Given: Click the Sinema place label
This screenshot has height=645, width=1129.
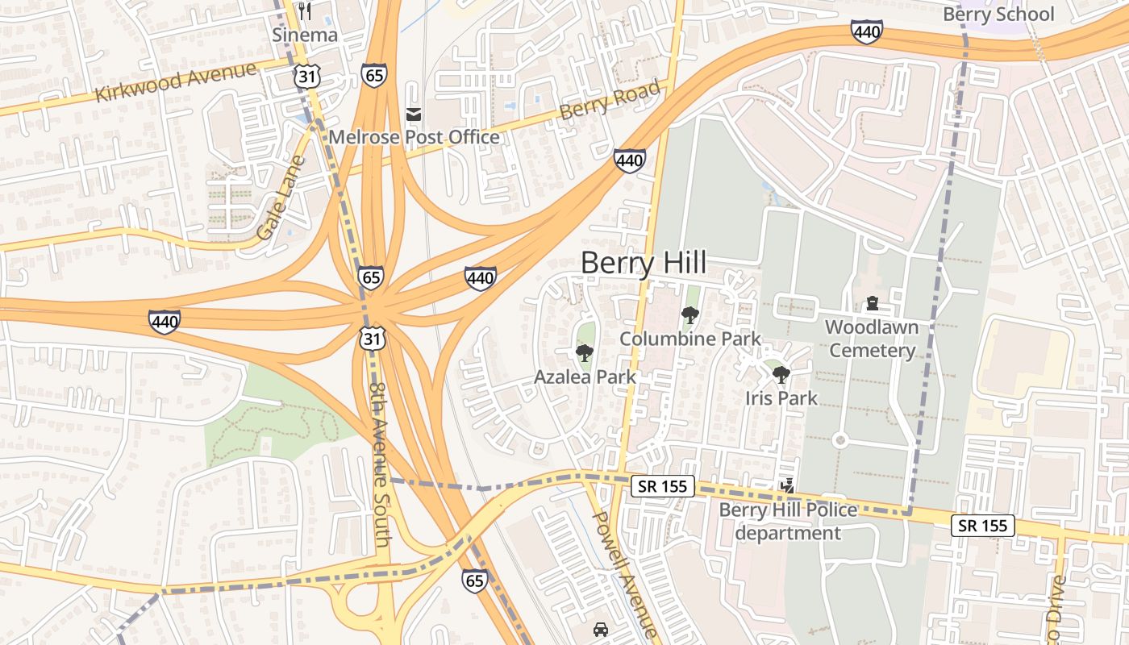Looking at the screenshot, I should tap(304, 35).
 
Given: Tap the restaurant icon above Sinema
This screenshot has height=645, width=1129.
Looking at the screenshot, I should tap(304, 11).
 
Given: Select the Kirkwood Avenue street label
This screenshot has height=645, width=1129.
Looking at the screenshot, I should tap(175, 81).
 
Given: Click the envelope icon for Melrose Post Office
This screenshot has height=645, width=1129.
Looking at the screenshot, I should tap(414, 114).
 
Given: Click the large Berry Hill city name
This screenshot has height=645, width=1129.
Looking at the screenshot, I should tap(643, 263).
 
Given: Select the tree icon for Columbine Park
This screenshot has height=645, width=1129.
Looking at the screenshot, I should tap(689, 315).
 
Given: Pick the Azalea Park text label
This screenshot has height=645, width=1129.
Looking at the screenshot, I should tap(585, 377).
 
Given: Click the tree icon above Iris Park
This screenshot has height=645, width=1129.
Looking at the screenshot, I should tap(781, 375).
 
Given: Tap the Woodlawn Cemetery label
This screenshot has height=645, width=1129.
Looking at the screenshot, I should tap(872, 339).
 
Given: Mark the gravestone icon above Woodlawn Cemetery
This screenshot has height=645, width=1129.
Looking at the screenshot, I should tap(872, 304).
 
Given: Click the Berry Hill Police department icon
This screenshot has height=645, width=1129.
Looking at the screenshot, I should tap(788, 486).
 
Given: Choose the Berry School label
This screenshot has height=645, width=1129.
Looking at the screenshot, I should tap(998, 15).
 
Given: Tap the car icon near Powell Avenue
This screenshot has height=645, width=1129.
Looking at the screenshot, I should tap(601, 629).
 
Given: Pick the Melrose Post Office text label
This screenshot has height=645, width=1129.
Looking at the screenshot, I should tap(414, 137).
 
